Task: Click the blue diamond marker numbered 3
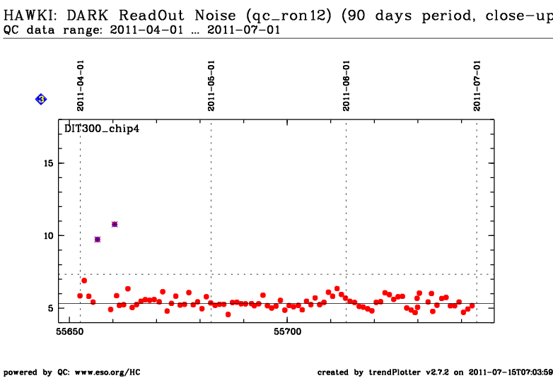pyautogui.click(x=41, y=100)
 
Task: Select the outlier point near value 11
pyautogui.click(x=115, y=224)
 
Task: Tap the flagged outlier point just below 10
pyautogui.click(x=98, y=240)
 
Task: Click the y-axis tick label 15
pyautogui.click(x=49, y=163)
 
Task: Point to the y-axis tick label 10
pyautogui.click(x=49, y=236)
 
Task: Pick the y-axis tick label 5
pyautogui.click(x=51, y=308)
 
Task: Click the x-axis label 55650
pyautogui.click(x=70, y=331)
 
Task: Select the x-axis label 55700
pyautogui.click(x=287, y=331)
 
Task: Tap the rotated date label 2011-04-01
pyautogui.click(x=81, y=86)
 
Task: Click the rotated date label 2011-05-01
pyautogui.click(x=211, y=86)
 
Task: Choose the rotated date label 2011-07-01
pyautogui.click(x=477, y=86)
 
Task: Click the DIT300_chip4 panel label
pyautogui.click(x=102, y=129)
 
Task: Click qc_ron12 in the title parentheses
pyautogui.click(x=289, y=16)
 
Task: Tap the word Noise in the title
pyautogui.click(x=215, y=16)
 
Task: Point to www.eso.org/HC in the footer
pyautogui.click(x=107, y=372)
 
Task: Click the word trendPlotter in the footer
pyautogui.click(x=395, y=372)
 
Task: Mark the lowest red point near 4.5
pyautogui.click(x=228, y=314)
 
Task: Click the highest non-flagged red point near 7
pyautogui.click(x=84, y=281)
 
